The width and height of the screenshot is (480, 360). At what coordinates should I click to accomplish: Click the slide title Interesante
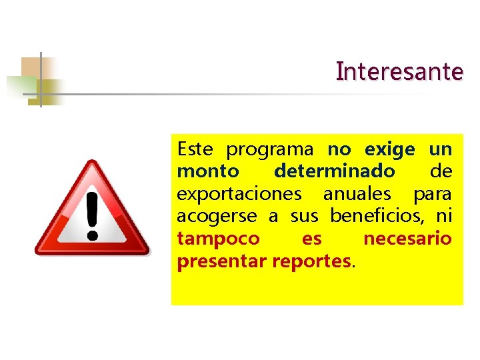point(399,71)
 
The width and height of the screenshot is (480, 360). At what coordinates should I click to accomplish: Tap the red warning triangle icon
point(92,210)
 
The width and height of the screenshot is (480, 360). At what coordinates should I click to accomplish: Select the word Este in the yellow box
point(195,149)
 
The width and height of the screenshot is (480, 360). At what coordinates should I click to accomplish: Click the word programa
point(269,149)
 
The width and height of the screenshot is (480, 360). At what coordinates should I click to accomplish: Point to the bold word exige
point(390,149)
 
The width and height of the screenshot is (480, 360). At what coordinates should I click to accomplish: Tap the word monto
point(208,171)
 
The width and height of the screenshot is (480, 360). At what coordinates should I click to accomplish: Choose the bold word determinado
point(334,171)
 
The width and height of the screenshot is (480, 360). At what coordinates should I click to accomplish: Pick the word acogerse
point(217,217)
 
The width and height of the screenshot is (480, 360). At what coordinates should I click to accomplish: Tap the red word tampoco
point(219,239)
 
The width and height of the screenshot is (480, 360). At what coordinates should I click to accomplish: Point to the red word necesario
point(407,239)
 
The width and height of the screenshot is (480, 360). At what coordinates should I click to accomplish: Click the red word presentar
point(222,261)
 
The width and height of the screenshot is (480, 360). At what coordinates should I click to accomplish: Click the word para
point(432,194)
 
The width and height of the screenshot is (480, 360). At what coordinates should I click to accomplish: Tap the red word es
point(311,239)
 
